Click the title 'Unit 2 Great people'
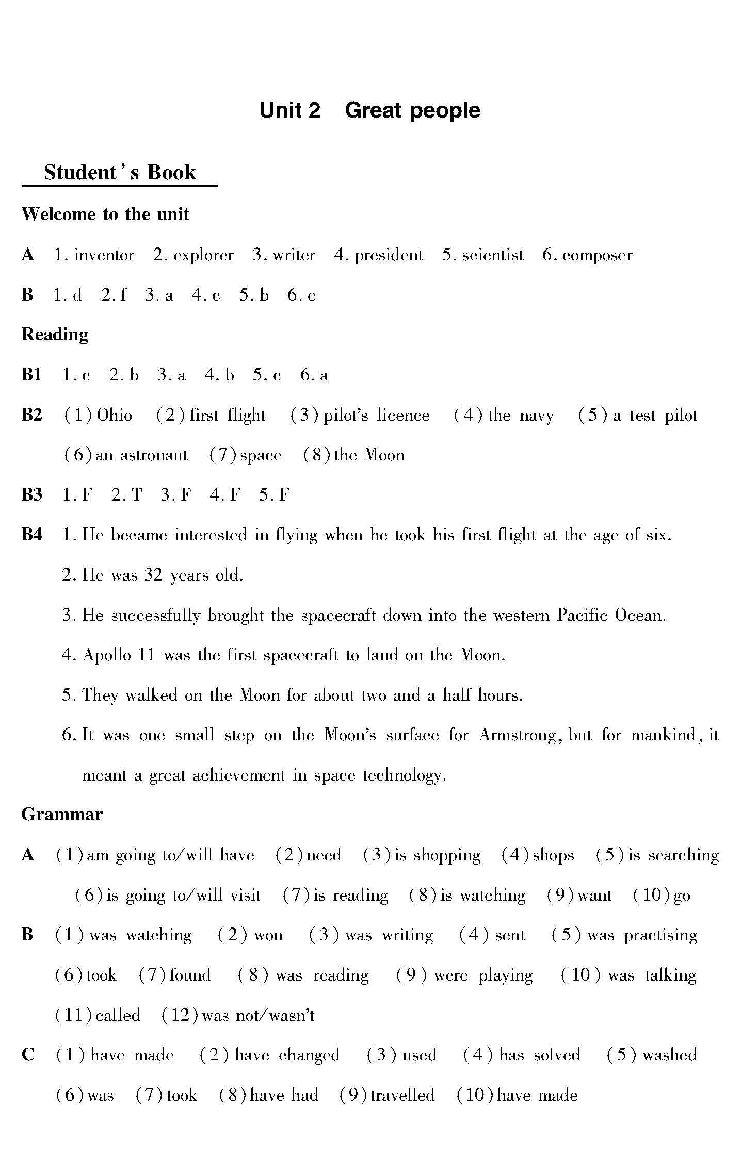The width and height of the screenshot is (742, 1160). [369, 110]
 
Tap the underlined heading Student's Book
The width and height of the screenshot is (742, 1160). [120, 173]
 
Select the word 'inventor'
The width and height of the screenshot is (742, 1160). [104, 255]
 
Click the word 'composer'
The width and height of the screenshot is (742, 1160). [597, 255]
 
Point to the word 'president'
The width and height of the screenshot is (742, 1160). [389, 255]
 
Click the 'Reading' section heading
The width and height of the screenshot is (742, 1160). [55, 335]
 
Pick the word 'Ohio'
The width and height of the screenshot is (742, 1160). [115, 416]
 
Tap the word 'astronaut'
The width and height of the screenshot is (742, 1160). [154, 455]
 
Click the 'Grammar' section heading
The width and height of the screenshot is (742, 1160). [62, 815]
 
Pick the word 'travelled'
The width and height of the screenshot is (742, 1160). [402, 1096]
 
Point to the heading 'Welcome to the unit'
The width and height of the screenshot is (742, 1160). [105, 214]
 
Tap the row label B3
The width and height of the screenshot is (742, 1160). [32, 495]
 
